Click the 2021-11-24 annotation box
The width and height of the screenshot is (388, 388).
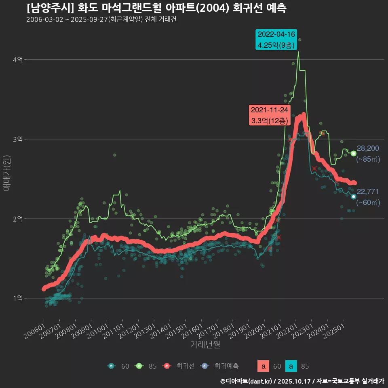click(269, 115)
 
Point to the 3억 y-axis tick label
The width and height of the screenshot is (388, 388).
click(18, 139)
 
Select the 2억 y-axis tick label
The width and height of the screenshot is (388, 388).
click(18, 219)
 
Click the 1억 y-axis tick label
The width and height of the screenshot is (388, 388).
click(18, 298)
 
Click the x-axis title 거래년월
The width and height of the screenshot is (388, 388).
click(205, 345)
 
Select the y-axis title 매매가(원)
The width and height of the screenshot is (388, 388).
click(6, 172)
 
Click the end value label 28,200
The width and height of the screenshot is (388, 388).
click(368, 148)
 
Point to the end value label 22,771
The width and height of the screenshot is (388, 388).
click(368, 192)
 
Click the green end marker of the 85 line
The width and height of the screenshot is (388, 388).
click(354, 153)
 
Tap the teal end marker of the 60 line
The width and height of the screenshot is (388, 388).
click(354, 196)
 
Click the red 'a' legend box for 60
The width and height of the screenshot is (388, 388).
click(264, 366)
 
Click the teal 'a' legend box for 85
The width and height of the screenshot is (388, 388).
click(291, 366)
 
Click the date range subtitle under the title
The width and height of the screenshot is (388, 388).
click(101, 19)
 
